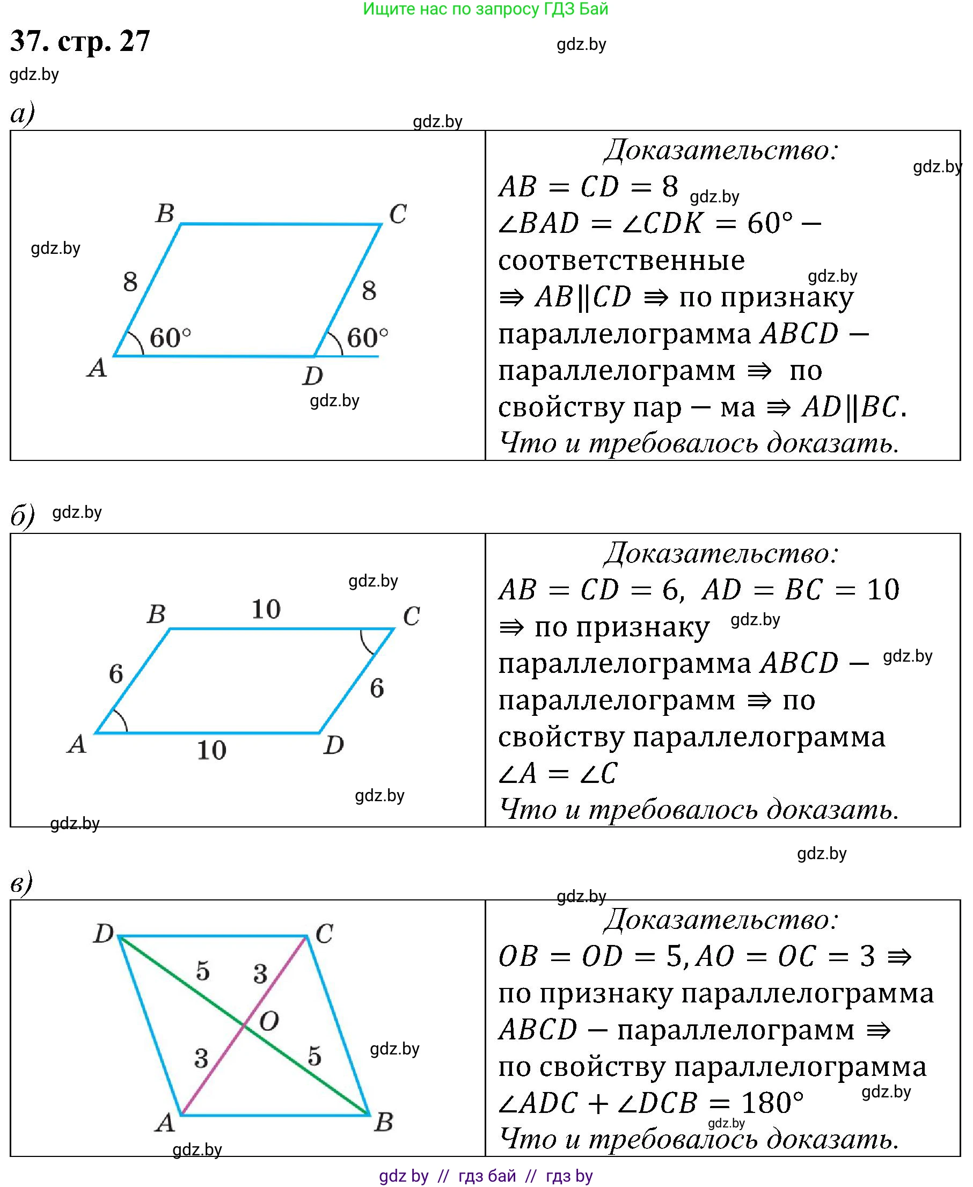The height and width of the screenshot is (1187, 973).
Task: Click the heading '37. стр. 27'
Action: (80, 41)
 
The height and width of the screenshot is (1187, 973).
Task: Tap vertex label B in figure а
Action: (165, 214)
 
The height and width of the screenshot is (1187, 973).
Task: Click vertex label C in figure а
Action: (398, 214)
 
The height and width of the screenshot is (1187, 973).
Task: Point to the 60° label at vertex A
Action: (170, 338)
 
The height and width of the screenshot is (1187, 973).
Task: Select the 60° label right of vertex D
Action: (367, 338)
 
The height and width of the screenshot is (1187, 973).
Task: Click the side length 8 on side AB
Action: (130, 282)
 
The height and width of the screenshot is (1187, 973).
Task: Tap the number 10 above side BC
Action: (266, 609)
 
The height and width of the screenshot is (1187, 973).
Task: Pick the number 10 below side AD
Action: (211, 750)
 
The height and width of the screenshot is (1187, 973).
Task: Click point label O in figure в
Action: (269, 1022)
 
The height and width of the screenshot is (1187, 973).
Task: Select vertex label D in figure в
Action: (104, 934)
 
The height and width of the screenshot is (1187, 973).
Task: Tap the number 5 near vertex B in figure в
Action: (314, 1057)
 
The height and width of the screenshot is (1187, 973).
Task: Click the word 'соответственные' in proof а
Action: (621, 260)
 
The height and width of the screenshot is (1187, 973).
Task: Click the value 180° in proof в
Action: (772, 1103)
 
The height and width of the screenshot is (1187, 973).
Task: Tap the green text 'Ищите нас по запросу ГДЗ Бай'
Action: (485, 9)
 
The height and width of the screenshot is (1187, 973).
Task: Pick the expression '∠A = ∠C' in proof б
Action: (558, 773)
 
